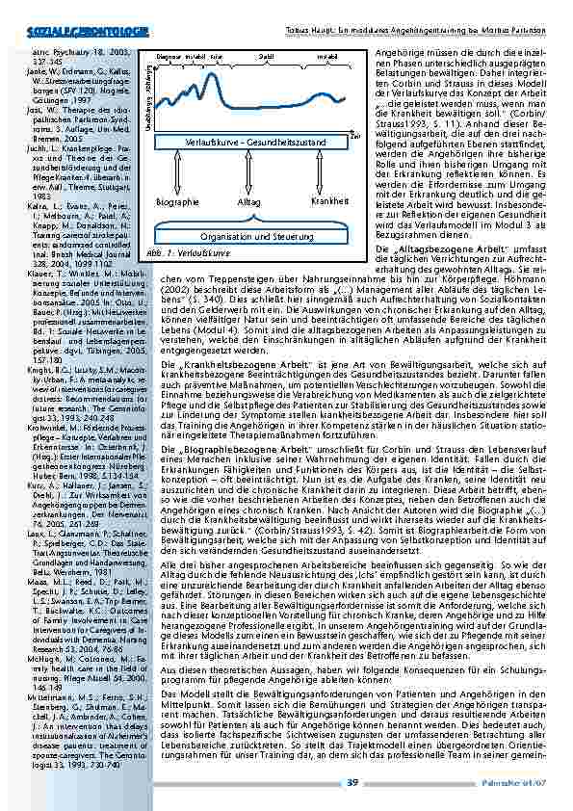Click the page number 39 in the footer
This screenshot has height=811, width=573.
[353, 783]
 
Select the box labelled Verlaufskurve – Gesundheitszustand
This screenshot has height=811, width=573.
[250, 142]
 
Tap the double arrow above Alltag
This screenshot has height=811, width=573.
[250, 175]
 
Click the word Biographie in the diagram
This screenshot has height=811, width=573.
[177, 202]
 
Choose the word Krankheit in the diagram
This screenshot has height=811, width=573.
[329, 201]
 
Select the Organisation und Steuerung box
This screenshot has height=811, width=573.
[250, 235]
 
